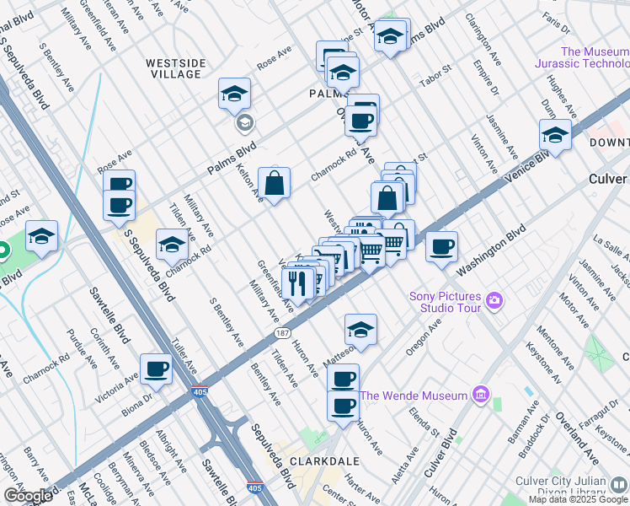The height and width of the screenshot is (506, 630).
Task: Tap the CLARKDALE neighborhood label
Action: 324,461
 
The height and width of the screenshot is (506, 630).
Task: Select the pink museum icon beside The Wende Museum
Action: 481,395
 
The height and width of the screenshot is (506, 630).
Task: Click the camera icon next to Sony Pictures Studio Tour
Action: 494,299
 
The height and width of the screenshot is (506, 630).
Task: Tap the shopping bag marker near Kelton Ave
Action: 275,183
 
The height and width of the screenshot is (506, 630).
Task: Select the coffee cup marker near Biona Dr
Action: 157,369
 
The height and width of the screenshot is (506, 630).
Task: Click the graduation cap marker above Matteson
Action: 360,330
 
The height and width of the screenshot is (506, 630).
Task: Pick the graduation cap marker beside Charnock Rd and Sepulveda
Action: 172,245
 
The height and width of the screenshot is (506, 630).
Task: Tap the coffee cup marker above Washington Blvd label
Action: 441,247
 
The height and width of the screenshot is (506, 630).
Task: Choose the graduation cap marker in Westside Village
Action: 235,94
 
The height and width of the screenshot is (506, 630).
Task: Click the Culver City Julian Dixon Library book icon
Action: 618,483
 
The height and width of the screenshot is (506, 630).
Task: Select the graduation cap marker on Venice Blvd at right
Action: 556,135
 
